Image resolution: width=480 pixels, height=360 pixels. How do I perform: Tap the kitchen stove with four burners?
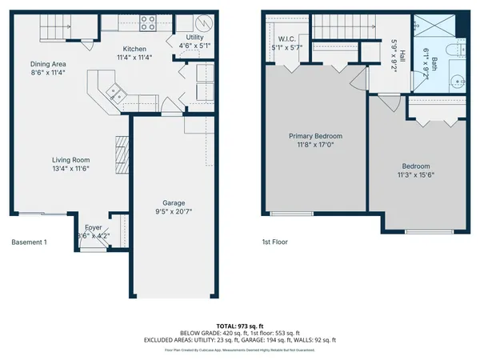coord(148,23)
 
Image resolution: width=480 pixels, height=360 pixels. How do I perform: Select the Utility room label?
coord(194,38)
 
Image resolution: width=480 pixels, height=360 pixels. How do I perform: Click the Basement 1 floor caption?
coord(30,242)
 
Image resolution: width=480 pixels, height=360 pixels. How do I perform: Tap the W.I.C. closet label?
coord(287,39)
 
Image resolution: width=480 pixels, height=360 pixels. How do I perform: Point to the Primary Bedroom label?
coord(315,137)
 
